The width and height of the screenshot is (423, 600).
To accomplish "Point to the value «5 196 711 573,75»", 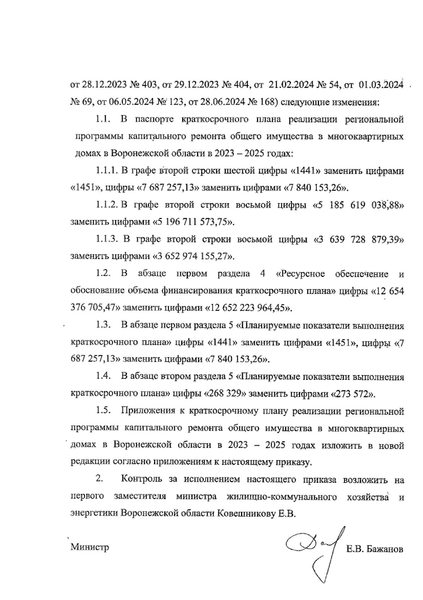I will [x=193, y=222].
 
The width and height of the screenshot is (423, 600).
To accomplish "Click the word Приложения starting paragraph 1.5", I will [x=148, y=411].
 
